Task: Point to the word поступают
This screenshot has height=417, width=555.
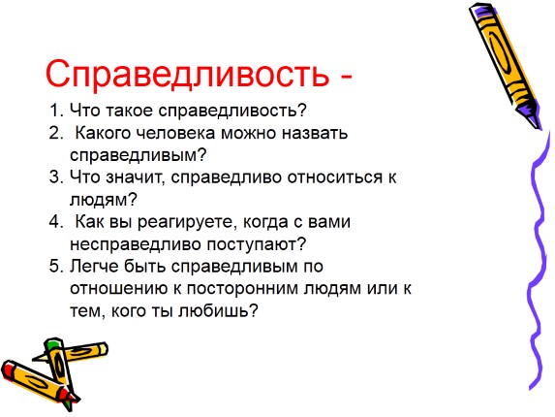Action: click(x=257, y=243)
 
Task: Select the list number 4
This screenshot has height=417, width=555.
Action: click(x=53, y=221)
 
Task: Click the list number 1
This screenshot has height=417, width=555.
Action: click(x=53, y=110)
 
